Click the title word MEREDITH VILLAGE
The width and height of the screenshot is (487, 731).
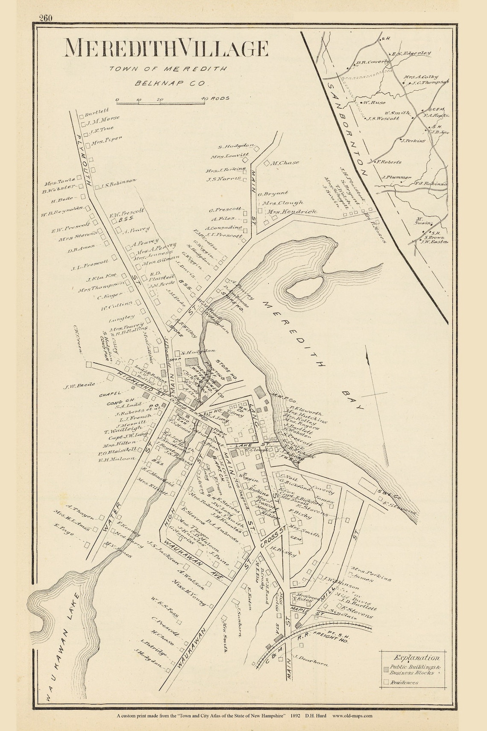click(x=166, y=48)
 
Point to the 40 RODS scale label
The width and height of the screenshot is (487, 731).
click(x=216, y=98)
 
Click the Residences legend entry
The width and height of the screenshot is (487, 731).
click(x=406, y=682)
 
